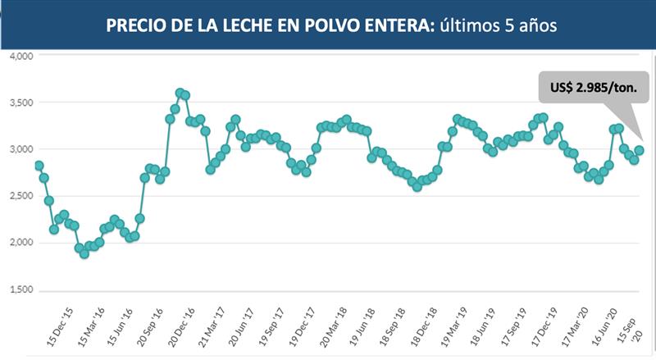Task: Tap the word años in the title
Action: [536, 25]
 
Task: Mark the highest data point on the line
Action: [180, 93]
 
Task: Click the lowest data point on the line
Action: [84, 253]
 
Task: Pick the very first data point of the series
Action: [39, 166]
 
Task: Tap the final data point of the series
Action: [639, 150]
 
